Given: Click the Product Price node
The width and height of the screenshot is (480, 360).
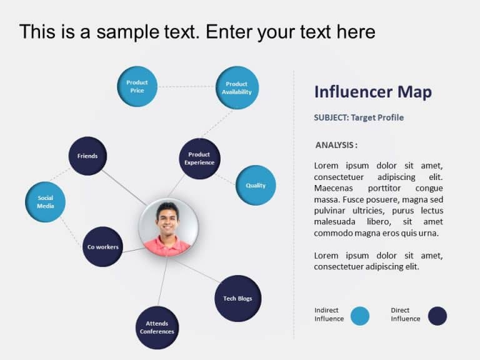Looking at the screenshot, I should coord(137,86).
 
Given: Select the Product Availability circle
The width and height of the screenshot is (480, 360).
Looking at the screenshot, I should coord(237,87).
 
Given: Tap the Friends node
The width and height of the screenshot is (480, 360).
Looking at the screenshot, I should coord(87,156).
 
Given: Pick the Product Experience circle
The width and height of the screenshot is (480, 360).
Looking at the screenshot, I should coord(199,159).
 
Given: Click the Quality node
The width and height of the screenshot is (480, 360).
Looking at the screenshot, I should coord(256,185).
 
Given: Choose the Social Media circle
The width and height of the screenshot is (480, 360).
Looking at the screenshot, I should coord(45,202).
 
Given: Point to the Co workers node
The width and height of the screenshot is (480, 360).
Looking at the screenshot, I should coord(102,246).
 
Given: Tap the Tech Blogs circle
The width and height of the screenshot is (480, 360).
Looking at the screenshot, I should coord(237,298).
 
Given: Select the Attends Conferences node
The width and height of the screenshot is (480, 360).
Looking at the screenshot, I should coord(157,327).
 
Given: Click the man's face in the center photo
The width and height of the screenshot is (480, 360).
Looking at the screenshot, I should coord(168,219).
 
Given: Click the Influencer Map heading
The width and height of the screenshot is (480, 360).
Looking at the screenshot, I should coord(372,92).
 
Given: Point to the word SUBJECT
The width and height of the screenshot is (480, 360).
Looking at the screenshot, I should coord(331,117).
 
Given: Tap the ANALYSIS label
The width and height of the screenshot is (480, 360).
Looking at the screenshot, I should coord(336,145).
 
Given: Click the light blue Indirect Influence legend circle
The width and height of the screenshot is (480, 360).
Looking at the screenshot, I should coord(360,316).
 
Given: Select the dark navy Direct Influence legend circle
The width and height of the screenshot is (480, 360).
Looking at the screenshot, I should coord(437,316).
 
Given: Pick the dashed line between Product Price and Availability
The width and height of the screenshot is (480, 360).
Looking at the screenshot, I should coord(186,87).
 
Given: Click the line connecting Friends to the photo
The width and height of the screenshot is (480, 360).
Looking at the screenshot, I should coord(124,187).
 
